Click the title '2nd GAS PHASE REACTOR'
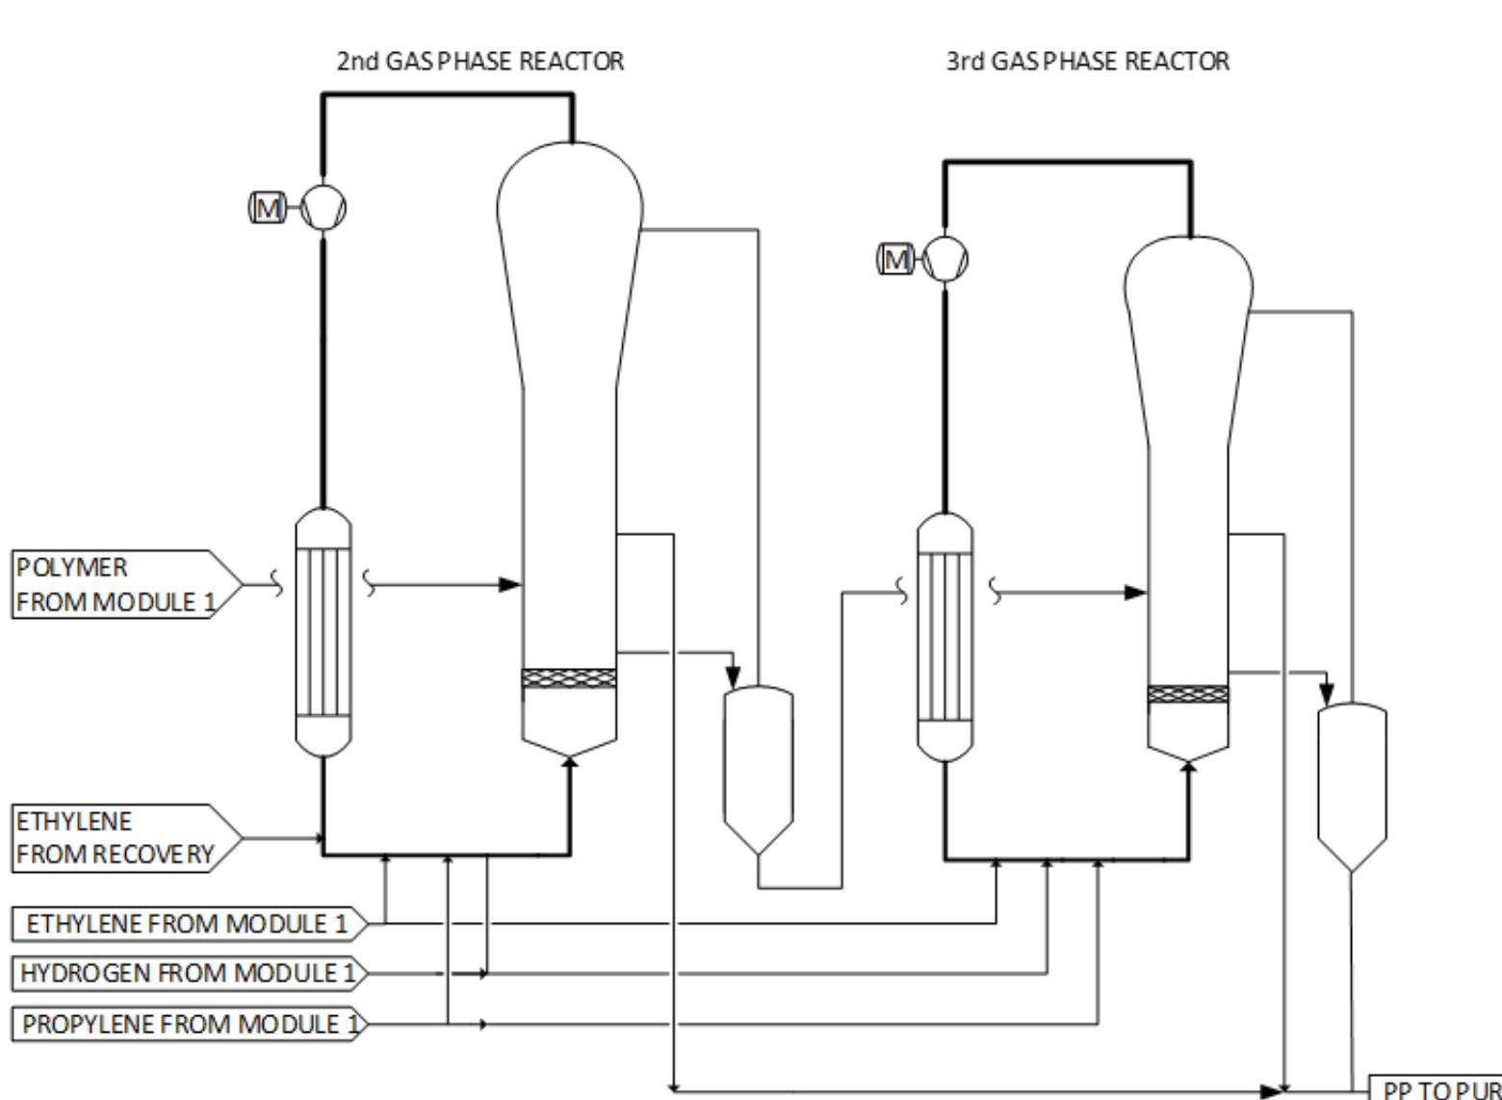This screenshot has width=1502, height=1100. (x=479, y=62)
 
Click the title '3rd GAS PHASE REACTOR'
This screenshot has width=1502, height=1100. (x=1087, y=62)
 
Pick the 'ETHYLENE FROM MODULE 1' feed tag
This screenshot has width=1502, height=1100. (x=189, y=924)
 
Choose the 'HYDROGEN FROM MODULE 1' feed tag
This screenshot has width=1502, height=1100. (x=189, y=973)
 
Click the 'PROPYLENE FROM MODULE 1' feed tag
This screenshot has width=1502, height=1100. (x=189, y=1024)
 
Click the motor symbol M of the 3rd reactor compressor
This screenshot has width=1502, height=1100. (x=895, y=259)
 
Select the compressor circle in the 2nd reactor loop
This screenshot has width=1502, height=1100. (x=324, y=208)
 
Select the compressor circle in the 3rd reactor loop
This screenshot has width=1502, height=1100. (x=945, y=259)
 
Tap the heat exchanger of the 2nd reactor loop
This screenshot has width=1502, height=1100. (x=323, y=633)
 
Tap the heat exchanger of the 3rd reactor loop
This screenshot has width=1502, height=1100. (x=945, y=636)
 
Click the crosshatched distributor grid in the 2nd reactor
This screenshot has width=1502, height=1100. (x=568, y=678)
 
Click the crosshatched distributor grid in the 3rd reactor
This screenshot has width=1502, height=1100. (x=1188, y=694)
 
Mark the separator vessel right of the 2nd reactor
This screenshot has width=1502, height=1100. (x=759, y=770)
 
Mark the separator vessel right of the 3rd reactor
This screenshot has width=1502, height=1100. (x=1352, y=784)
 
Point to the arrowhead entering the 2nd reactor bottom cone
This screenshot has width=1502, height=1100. (x=570, y=761)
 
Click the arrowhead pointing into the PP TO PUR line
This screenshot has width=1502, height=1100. (x=1273, y=1090)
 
